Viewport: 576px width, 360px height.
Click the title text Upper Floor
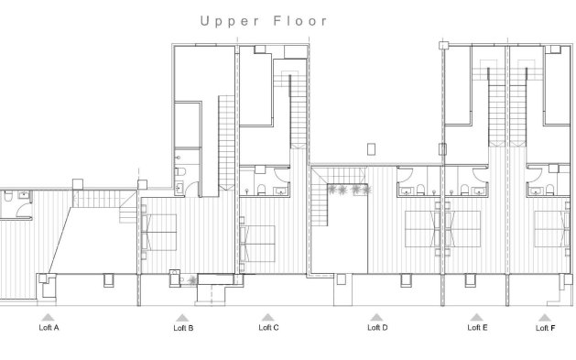[263, 19]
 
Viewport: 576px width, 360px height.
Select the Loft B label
[182, 326]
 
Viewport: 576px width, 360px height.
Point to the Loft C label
[268, 326]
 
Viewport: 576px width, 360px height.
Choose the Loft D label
[375, 326]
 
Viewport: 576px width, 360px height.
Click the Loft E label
[477, 326]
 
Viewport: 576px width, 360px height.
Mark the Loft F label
[544, 326]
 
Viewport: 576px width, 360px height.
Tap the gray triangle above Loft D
[375, 316]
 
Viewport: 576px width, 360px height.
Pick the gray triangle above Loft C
[268, 316]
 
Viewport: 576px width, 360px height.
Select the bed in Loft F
[552, 229]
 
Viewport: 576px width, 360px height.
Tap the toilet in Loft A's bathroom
[6, 198]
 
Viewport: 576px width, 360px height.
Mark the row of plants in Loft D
[350, 190]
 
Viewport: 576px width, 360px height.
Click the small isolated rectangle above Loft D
[371, 148]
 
